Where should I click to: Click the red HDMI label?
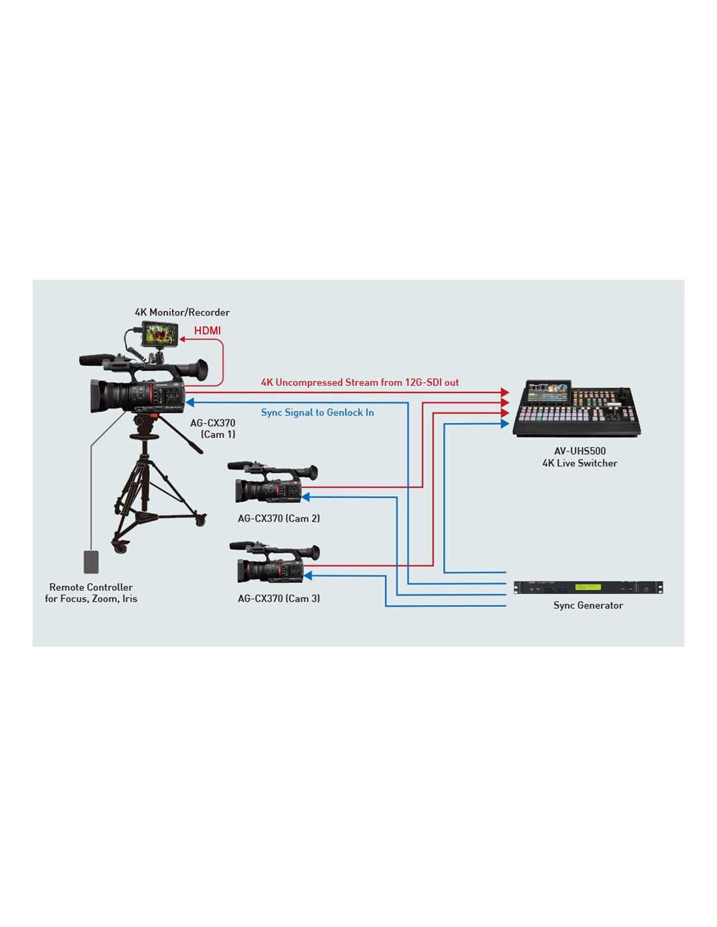pyautogui.click(x=207, y=331)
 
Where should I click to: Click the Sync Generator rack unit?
pyautogui.click(x=588, y=587)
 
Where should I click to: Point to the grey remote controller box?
pyautogui.click(x=91, y=561)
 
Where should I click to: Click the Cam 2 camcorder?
pyautogui.click(x=272, y=481)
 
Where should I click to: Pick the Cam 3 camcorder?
pyautogui.click(x=274, y=561)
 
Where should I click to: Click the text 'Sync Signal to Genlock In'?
pyautogui.click(x=317, y=412)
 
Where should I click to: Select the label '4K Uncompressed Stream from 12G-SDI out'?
pyautogui.click(x=360, y=382)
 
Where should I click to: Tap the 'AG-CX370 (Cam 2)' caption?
pyautogui.click(x=278, y=518)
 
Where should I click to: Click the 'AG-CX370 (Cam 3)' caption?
pyautogui.click(x=278, y=598)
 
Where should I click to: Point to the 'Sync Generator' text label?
pyautogui.click(x=588, y=605)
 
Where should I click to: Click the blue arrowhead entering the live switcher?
pyautogui.click(x=505, y=423)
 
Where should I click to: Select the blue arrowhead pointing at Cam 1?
pyautogui.click(x=190, y=402)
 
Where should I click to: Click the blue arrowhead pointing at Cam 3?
pyautogui.click(x=308, y=576)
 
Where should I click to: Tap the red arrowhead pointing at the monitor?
pyautogui.click(x=182, y=339)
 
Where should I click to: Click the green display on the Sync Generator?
pyautogui.click(x=588, y=587)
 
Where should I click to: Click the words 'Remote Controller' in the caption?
pyautogui.click(x=91, y=587)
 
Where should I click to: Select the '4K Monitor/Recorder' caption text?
pyautogui.click(x=182, y=312)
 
